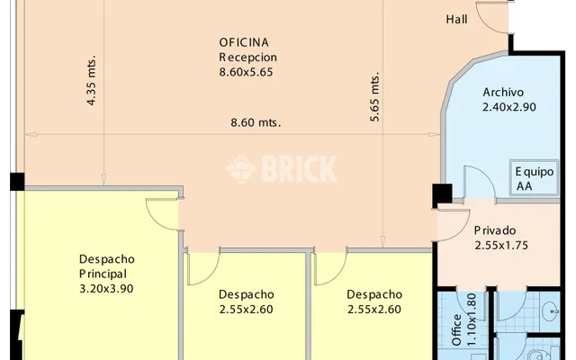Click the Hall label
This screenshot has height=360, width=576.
(456, 19)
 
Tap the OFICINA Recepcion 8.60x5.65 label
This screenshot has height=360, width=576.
(248, 58)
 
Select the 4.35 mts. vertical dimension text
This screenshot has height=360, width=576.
(92, 80)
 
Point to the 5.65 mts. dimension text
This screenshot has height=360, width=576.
(374, 97)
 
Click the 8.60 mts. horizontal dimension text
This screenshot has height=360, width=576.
(256, 122)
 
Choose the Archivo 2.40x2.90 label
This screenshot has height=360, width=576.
(509, 100)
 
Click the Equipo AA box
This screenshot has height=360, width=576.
(534, 178)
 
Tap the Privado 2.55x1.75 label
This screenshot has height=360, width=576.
(501, 238)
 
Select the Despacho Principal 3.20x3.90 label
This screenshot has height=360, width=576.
(107, 274)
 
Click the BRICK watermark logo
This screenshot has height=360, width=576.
(282, 169)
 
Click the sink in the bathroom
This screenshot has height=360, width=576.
(550, 311)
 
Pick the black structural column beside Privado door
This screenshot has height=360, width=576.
(442, 193)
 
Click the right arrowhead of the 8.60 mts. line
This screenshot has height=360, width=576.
(435, 135)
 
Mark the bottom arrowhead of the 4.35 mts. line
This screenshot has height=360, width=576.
(103, 180)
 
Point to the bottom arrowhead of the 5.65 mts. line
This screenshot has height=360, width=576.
(382, 242)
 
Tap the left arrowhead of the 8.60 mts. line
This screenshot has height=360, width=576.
(31, 135)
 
